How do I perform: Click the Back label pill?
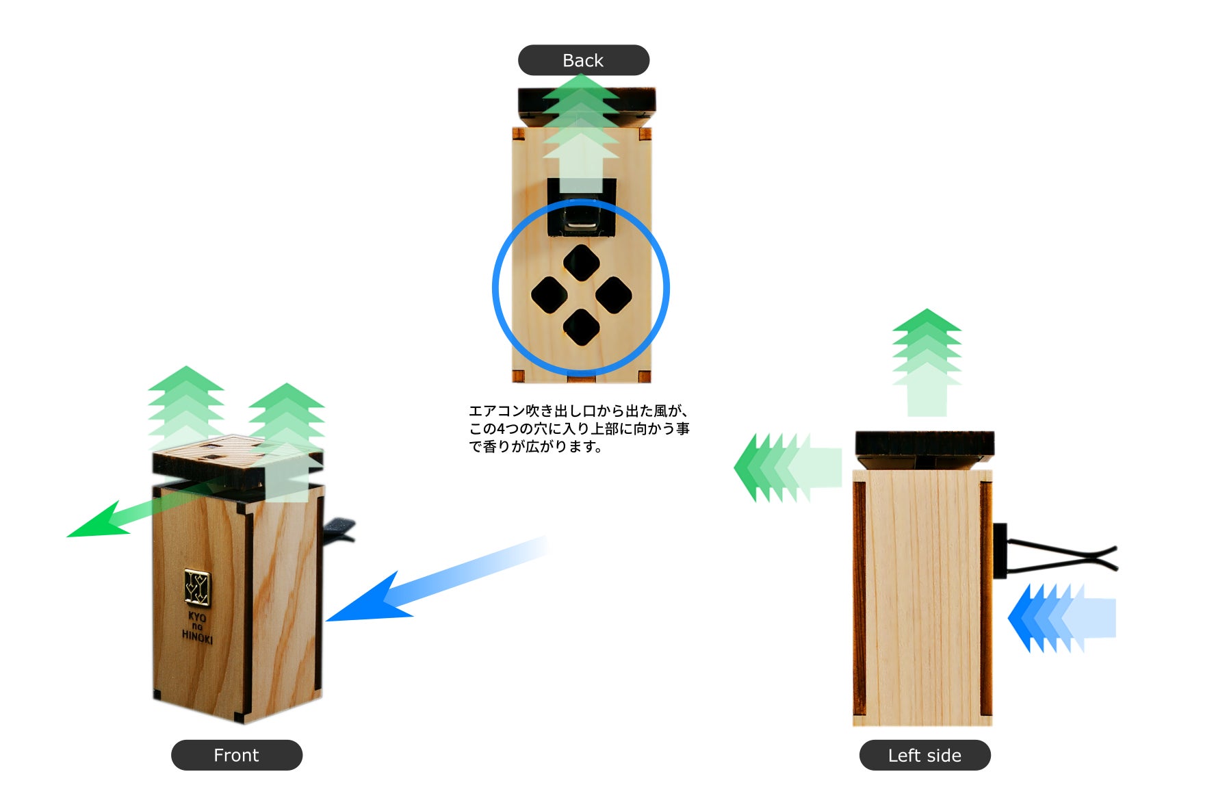pyautogui.click(x=583, y=60)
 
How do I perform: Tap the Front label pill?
pyautogui.click(x=237, y=755)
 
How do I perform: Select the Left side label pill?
pyautogui.click(x=924, y=755)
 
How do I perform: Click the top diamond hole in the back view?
pyautogui.click(x=582, y=263)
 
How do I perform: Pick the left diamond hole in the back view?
pyautogui.click(x=549, y=295)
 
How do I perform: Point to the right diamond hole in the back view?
pyautogui.click(x=614, y=295)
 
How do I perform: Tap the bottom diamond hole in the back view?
pyautogui.click(x=582, y=327)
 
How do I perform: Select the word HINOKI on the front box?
pyautogui.click(x=197, y=636)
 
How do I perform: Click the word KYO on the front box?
pyautogui.click(x=197, y=617)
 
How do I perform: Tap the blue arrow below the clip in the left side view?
pyautogui.click(x=1062, y=618)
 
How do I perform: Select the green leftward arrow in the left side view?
pyautogui.click(x=788, y=467)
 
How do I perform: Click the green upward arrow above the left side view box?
pyautogui.click(x=927, y=363)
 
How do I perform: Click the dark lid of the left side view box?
pyautogui.click(x=924, y=445)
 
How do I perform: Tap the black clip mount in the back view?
pyautogui.click(x=582, y=207)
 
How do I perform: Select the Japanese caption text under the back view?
pyautogui.click(x=579, y=429)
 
